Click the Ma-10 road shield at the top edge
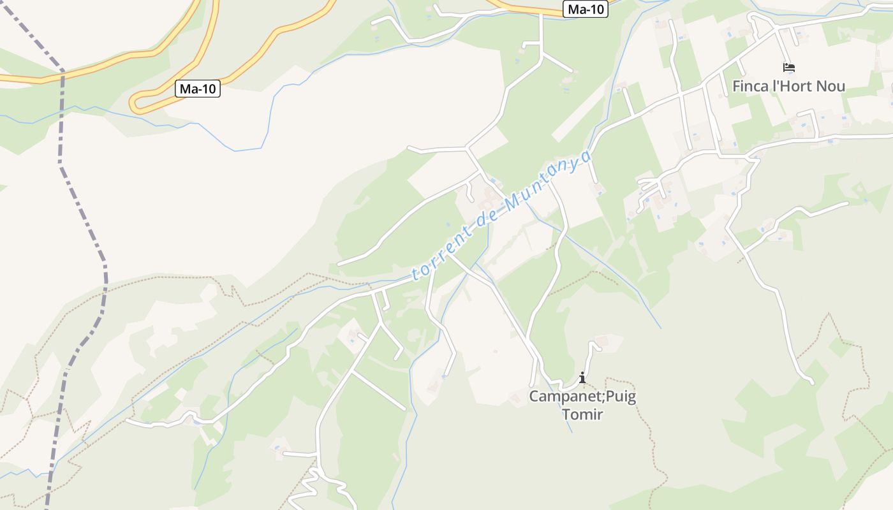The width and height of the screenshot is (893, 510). click(x=586, y=9)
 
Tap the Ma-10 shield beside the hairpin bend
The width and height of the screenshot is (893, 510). click(x=198, y=89)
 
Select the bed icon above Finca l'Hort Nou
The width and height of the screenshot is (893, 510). click(x=789, y=67)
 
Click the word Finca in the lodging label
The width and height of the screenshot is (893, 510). click(x=750, y=86)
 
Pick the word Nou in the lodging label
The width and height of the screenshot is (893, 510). click(x=832, y=86)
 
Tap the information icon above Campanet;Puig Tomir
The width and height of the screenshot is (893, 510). click(x=582, y=378)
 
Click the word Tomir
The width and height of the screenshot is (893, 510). click(x=582, y=414)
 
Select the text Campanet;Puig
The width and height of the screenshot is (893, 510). click(x=582, y=397)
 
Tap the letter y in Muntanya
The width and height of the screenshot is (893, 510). click(x=575, y=163)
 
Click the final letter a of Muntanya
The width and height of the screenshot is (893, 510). click(x=586, y=156)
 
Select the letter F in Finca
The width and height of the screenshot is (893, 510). click(x=737, y=86)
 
